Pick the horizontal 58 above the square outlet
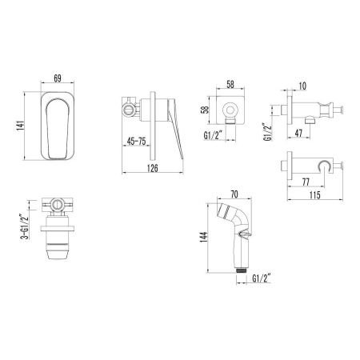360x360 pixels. click(x=231, y=83)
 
